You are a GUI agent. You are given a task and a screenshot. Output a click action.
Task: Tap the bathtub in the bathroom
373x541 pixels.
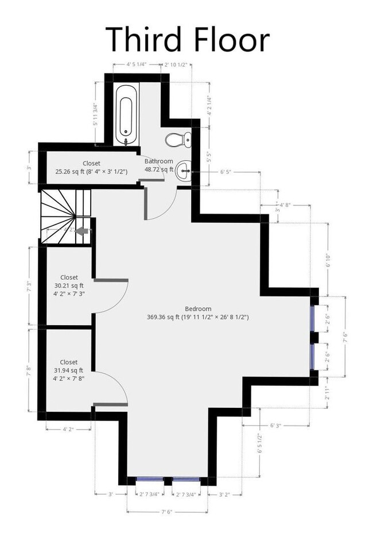126,114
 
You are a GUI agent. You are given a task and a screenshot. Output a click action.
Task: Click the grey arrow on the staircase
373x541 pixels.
83,231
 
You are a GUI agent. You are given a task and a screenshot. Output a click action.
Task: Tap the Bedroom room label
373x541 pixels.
197,308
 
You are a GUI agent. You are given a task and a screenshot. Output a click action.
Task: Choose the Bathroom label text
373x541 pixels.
158,161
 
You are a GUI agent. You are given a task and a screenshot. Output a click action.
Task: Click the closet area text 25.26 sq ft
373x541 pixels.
70,171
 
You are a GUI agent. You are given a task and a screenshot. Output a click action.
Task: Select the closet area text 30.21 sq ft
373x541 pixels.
69,285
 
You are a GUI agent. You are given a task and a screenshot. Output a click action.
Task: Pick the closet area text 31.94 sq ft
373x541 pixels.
69,370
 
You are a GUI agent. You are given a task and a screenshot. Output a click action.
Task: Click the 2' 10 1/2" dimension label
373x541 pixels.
176,65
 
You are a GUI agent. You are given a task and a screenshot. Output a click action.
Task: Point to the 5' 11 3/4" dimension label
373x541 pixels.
95,114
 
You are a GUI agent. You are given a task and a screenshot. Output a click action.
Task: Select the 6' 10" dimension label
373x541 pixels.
327,262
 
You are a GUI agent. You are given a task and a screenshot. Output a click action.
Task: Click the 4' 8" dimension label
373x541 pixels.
285,204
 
